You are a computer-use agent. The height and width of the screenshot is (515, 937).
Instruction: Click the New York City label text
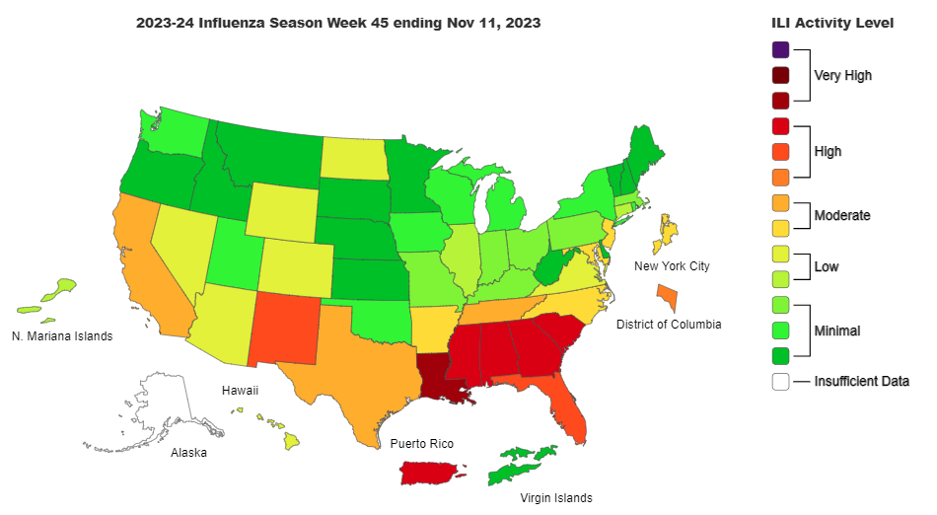[x=672, y=266]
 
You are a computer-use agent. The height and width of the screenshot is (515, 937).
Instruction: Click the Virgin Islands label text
[x=556, y=498]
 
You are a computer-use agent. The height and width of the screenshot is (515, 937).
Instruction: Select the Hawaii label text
[x=240, y=391]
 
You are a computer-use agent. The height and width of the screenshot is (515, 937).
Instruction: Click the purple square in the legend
[x=780, y=49]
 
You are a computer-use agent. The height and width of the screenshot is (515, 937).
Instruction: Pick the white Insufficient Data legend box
[x=780, y=381]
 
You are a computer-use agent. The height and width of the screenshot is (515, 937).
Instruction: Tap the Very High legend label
[x=842, y=75]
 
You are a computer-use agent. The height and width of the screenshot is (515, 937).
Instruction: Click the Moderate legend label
[x=841, y=215]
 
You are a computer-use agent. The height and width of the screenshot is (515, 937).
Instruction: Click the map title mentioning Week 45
[x=338, y=22]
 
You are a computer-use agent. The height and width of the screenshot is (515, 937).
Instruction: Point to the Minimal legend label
[x=836, y=331]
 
